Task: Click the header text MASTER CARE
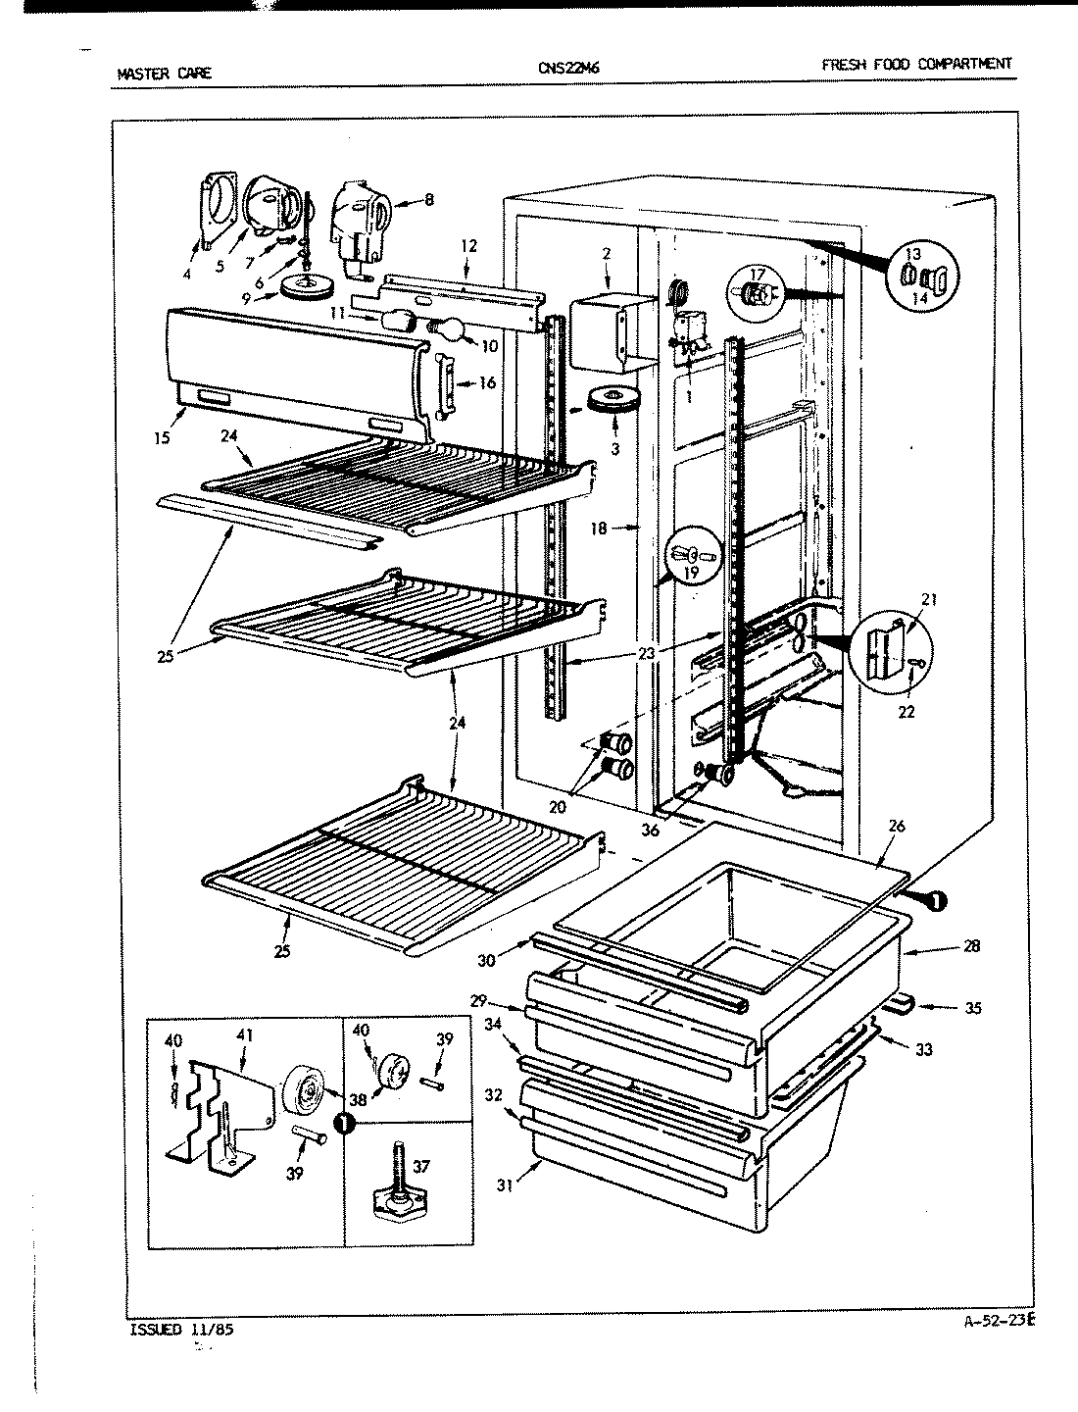coord(163,73)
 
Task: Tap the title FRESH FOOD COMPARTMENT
coord(915,64)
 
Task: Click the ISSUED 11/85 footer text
coord(181,1331)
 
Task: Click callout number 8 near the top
coord(429,200)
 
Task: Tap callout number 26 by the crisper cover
coord(896,826)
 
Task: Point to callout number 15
coord(163,437)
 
